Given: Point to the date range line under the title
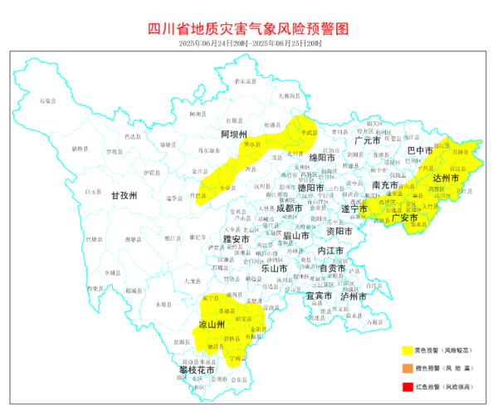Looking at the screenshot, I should pyautogui.click(x=248, y=42).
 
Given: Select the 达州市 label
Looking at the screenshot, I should pyautogui.click(x=446, y=179).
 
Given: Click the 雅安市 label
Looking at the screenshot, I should pyautogui.click(x=235, y=239).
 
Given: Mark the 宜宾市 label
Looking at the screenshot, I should pyautogui.click(x=320, y=295).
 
